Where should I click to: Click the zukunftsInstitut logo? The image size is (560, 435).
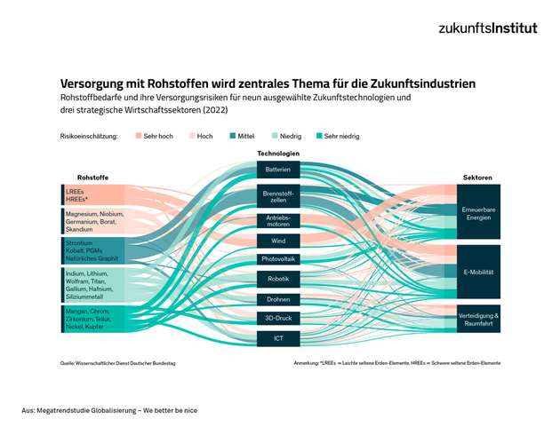click(487, 28)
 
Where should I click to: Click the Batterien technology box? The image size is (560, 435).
click(277, 170)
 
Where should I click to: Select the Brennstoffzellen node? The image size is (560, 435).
click(277, 195)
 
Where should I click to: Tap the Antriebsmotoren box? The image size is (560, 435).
click(277, 220)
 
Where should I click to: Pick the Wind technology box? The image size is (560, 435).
click(277, 241)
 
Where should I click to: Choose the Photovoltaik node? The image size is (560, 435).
click(277, 259)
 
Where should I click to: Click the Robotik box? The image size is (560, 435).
click(277, 279)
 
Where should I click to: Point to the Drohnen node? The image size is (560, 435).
click(277, 299)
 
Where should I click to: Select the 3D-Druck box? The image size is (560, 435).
click(277, 318)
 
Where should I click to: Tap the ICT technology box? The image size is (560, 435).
click(277, 338)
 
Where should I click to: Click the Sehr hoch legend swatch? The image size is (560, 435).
click(139, 136)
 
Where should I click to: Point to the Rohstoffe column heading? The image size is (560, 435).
click(92, 178)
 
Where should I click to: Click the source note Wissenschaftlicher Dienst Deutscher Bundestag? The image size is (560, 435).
click(117, 363)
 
